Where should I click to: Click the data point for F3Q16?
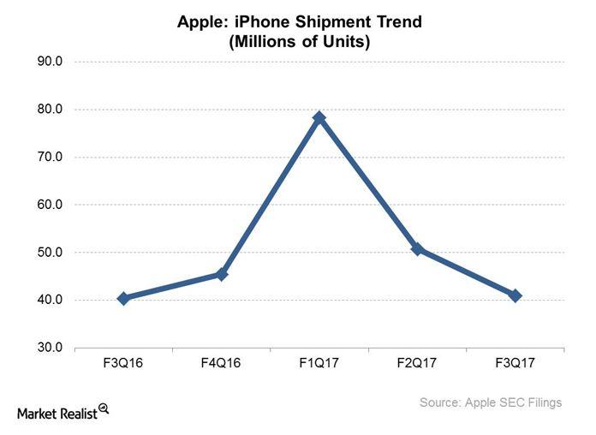pyautogui.click(x=123, y=298)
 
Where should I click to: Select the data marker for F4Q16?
pyautogui.click(x=222, y=274)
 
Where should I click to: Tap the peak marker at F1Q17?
pyautogui.click(x=319, y=117)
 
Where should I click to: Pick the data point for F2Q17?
pyautogui.click(x=417, y=249)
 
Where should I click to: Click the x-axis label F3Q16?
pyautogui.click(x=123, y=363)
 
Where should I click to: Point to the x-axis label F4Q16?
pyautogui.click(x=222, y=363)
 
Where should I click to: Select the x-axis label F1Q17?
pyautogui.click(x=319, y=363)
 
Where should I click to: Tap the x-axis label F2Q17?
pyautogui.click(x=417, y=363)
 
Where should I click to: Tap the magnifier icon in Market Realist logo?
pyautogui.click(x=104, y=408)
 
